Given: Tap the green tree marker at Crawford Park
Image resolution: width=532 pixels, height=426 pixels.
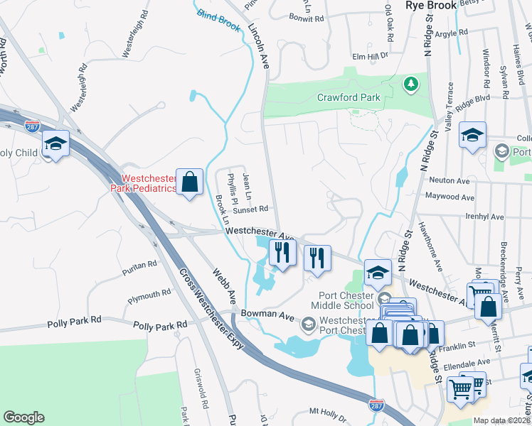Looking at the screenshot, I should tap(410, 84).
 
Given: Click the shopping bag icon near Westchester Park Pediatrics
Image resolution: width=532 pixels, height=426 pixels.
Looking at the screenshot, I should tap(189, 182).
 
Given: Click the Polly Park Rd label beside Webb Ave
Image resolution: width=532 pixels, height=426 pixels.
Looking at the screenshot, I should tap(160, 324).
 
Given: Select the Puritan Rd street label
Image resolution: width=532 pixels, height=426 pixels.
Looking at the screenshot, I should tap(139, 264).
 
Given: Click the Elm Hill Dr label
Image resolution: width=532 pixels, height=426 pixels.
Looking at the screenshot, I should tap(371, 56).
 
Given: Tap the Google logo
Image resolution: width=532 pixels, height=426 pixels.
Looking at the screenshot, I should tap(23, 417).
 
